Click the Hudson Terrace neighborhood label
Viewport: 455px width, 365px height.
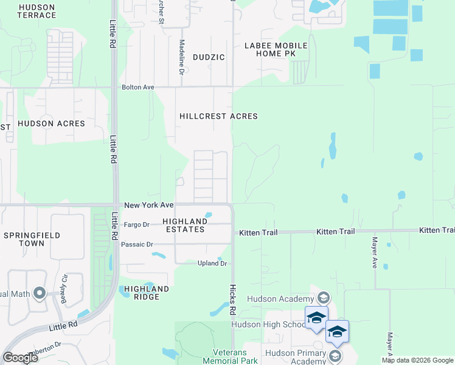click(x=37, y=11)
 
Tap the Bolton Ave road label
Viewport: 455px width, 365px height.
click(x=138, y=88)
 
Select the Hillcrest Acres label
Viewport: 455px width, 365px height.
click(x=218, y=116)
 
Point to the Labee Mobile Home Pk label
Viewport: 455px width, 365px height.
click(x=276, y=49)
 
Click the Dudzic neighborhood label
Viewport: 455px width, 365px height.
click(x=209, y=57)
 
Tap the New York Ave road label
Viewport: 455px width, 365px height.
click(x=149, y=206)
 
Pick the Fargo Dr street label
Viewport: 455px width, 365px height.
click(x=136, y=224)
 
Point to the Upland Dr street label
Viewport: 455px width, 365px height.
click(x=212, y=263)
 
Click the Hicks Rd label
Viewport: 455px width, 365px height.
click(x=232, y=300)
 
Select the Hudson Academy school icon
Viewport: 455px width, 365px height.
click(x=323, y=297)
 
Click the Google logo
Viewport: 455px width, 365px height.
click(x=20, y=358)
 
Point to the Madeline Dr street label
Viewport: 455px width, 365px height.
click(x=181, y=57)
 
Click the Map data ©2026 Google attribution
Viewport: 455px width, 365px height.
click(x=417, y=360)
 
